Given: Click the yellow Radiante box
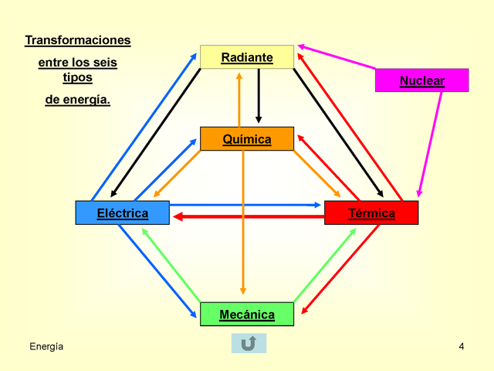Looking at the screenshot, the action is coord(247,56).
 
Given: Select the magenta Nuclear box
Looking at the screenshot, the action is coord(422,80).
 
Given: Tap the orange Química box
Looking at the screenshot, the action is coord(247,139).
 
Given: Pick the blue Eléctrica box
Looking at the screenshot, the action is coord(123,213).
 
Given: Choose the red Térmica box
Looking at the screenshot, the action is coord(371,213).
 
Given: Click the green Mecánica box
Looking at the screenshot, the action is coord(247,315).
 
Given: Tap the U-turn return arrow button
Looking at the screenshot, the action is coord(249,343).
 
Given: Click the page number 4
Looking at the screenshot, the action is coord(462,346).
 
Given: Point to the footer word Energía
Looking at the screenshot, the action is coord(46,347).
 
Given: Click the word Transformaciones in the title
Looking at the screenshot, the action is coord(78,40).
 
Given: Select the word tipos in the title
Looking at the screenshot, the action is coord(77,77).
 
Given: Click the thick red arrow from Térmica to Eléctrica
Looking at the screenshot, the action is coord(249,216).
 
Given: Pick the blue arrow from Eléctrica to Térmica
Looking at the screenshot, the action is coord(245,205).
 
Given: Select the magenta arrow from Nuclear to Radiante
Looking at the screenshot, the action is coord(337,56).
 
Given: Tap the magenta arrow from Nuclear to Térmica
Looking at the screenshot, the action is coord(430,145).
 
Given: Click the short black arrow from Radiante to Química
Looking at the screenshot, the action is coord(259,96).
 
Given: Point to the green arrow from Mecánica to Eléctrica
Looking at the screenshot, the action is coord(171,265).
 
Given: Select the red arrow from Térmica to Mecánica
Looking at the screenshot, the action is coord(340,269).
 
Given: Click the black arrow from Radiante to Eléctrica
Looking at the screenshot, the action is coord(156,133).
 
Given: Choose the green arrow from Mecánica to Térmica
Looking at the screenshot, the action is coord(325,265).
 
